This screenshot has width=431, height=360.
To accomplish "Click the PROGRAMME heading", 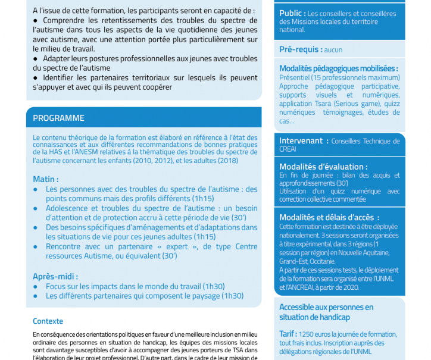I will click(x=58, y=118).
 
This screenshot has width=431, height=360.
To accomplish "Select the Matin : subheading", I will click(x=45, y=179).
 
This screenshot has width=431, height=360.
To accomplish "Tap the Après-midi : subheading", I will click(x=55, y=276).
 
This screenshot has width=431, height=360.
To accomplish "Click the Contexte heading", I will click(x=48, y=321).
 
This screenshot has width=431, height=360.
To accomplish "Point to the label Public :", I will click(x=292, y=13).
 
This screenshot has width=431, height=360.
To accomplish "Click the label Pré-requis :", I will click(x=301, y=49).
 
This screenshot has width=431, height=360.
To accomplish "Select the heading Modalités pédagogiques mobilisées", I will click(x=338, y=68).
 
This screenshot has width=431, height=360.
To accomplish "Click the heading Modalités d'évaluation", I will click(x=323, y=167).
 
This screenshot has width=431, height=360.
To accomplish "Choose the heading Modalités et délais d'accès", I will click(x=329, y=217).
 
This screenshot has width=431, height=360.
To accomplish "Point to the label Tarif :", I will click(x=289, y=334).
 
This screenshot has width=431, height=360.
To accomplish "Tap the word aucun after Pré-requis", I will click(x=333, y=50).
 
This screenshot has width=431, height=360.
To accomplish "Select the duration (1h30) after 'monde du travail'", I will click(x=214, y=286).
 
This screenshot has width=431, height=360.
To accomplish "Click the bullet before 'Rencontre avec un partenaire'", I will click(x=37, y=246).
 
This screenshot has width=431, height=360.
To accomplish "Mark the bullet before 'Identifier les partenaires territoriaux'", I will click(x=36, y=78).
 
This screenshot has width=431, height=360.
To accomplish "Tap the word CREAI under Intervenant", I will click(x=288, y=149).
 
